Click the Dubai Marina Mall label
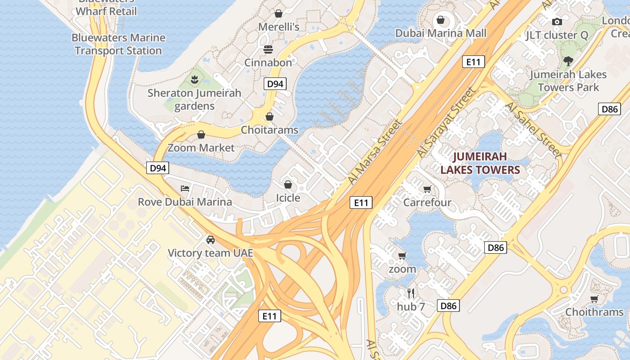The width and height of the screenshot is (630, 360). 441,33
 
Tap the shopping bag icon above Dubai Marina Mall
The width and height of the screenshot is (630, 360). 441,20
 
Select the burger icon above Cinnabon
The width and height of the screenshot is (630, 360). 268,49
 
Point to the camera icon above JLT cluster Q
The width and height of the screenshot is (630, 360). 557,22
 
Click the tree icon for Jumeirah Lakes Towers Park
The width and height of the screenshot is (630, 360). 568,61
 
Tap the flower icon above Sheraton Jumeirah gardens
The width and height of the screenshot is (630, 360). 194,80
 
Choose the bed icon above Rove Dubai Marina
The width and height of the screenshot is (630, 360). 185,188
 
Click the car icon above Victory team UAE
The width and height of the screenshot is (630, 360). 210,239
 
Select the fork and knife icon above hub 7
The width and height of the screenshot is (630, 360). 410,293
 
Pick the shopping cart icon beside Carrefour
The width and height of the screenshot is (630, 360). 427,189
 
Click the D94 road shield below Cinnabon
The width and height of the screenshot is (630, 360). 275,83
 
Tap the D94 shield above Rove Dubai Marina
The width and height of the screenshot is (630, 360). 158,168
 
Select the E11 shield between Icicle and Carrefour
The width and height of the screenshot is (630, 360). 361,203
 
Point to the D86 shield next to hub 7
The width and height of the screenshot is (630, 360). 449,306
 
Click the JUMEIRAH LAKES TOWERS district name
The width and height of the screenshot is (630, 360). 480,163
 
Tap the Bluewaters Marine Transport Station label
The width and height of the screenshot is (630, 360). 118,44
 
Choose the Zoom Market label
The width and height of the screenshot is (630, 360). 201,148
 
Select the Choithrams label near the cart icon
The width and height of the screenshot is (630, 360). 594,312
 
